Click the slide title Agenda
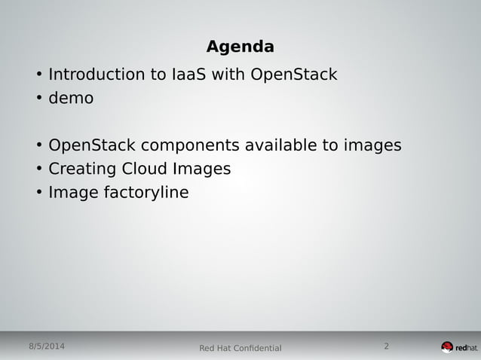coord(240,47)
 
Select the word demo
coord(71,98)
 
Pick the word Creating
coord(81,169)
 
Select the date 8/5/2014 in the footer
coord(46,346)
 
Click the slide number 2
coord(386,346)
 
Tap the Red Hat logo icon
coord(447,347)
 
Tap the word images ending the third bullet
coord(371,145)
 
